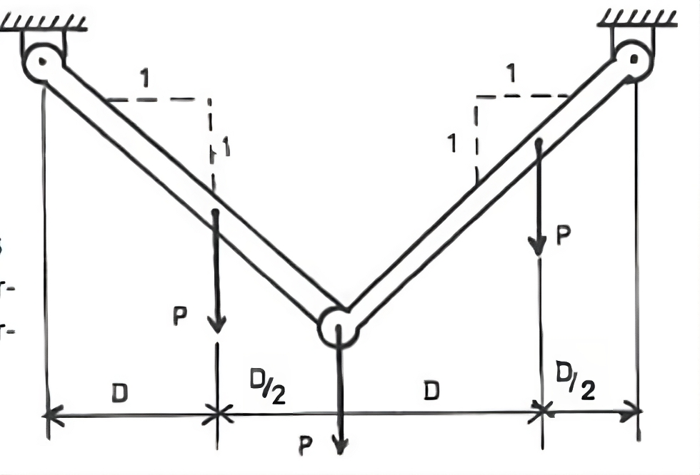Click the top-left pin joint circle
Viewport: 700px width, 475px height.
(x=42, y=63)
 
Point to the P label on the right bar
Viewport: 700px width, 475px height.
(x=562, y=237)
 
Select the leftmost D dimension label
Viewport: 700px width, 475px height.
(x=119, y=392)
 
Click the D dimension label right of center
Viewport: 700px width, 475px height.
(x=430, y=390)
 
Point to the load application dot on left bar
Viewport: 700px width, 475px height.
(x=215, y=213)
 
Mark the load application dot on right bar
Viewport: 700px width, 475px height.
(x=539, y=143)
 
